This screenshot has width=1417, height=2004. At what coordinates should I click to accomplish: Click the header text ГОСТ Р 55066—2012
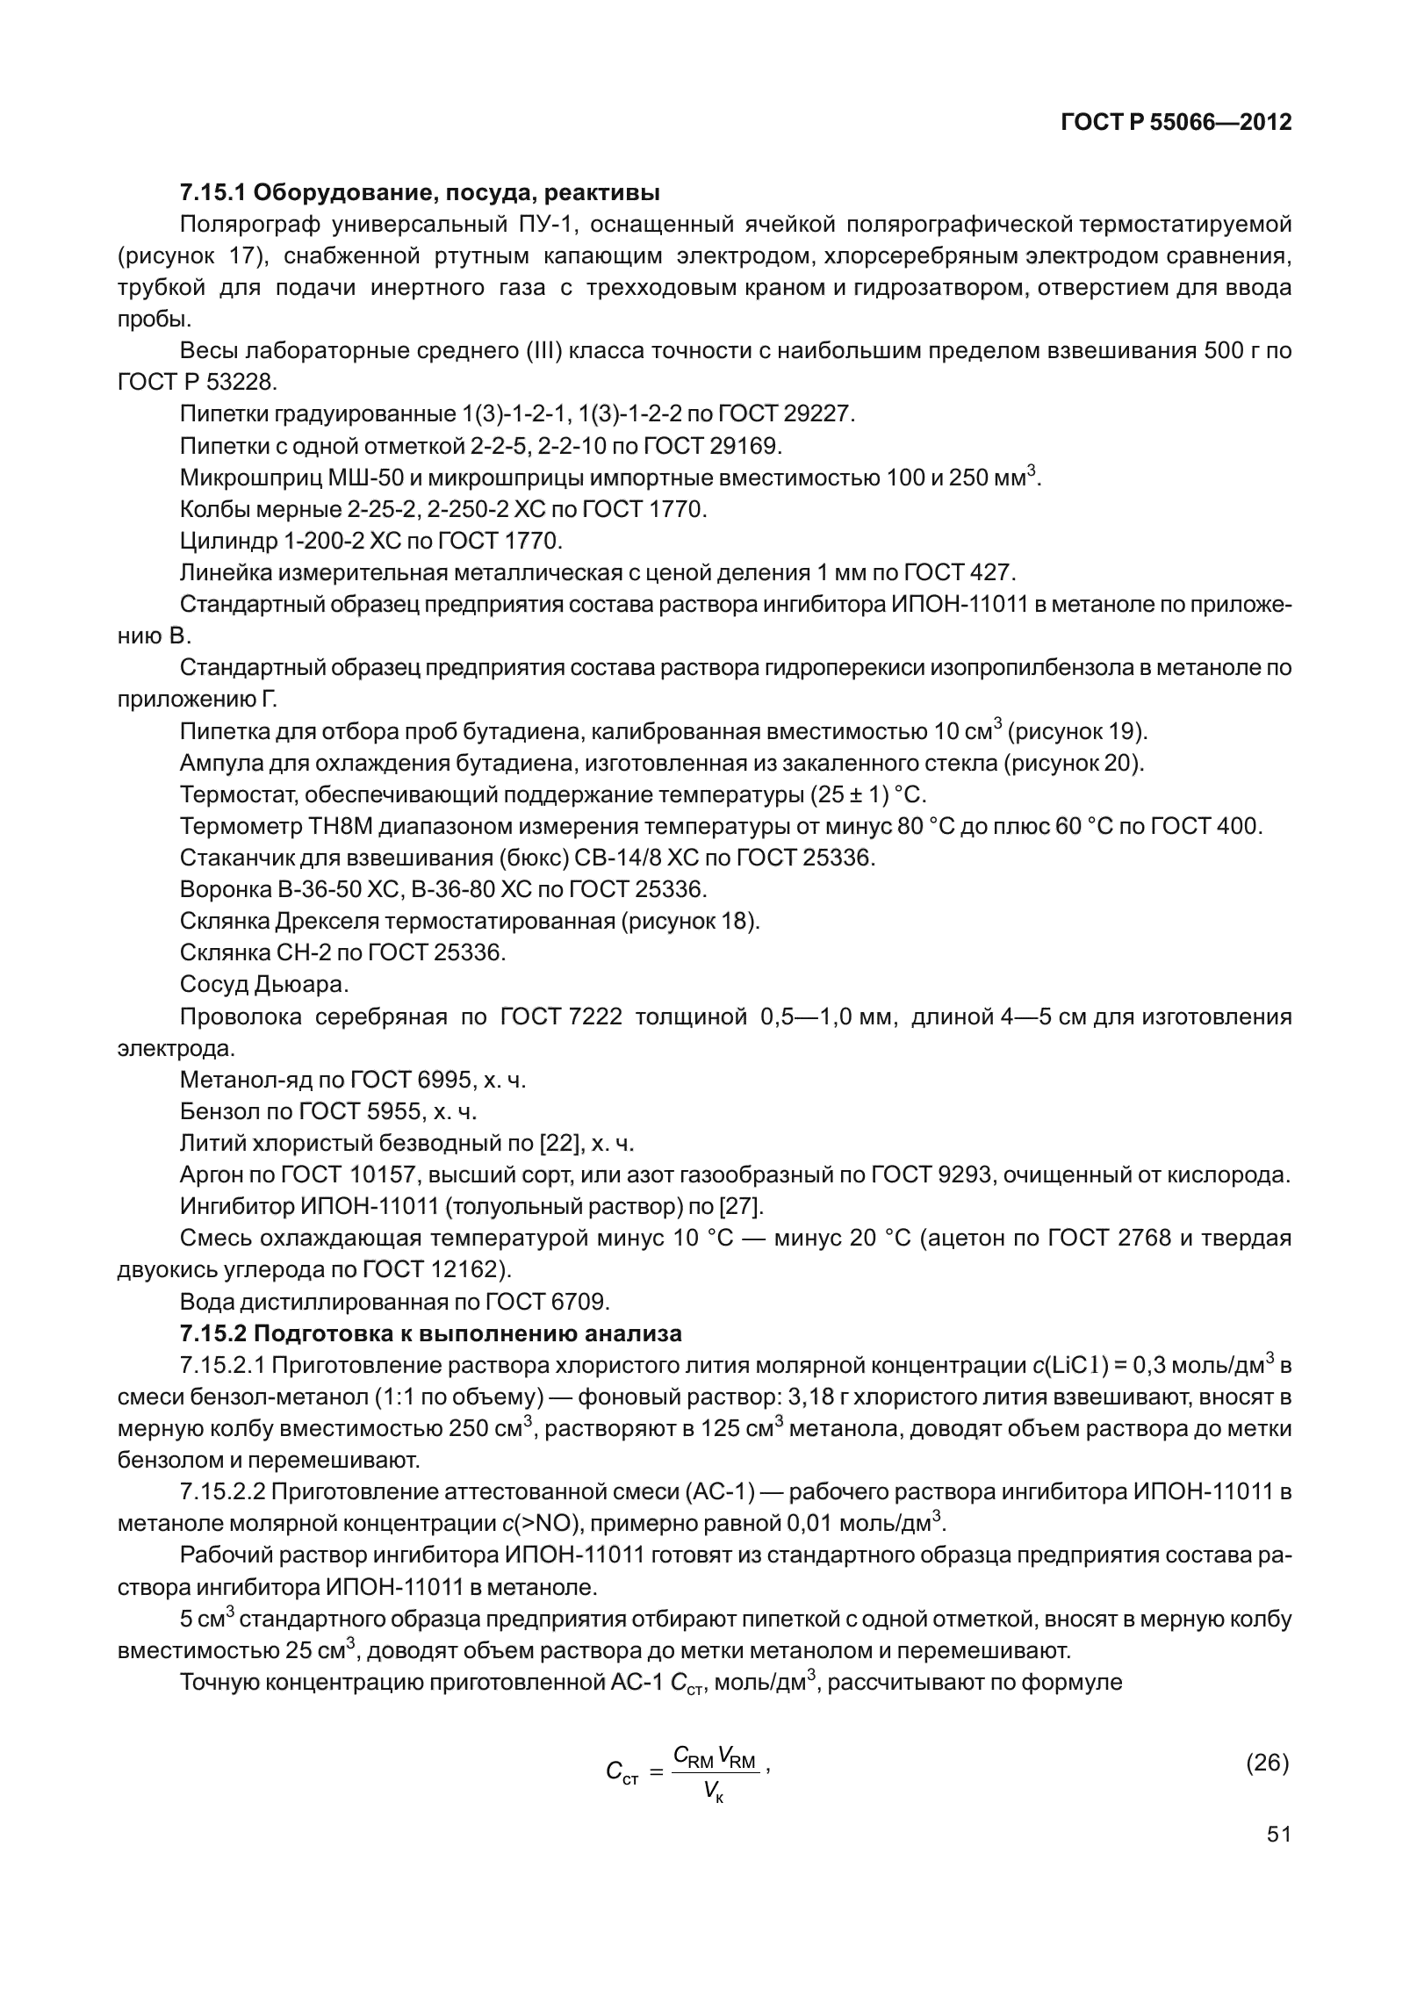click(1176, 123)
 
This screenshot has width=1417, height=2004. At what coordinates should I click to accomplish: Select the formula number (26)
click(1267, 1763)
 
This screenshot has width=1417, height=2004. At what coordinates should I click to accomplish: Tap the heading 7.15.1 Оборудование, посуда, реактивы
click(420, 191)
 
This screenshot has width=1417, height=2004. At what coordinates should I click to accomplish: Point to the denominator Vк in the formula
click(713, 1794)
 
